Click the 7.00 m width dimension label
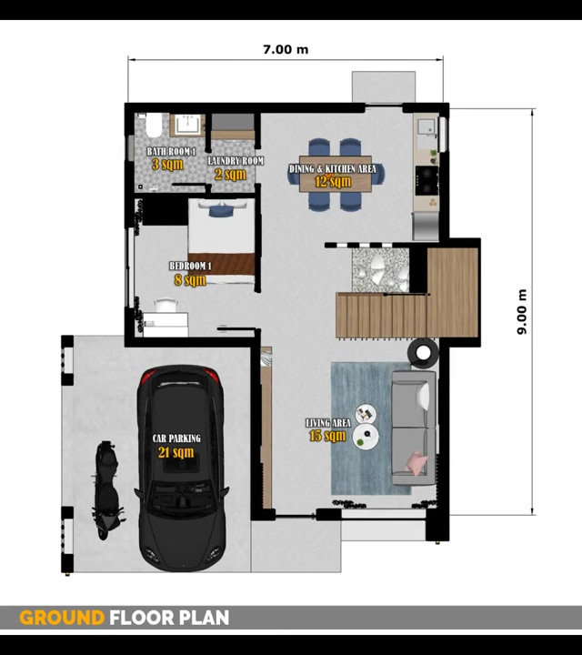point(286,49)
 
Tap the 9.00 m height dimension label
point(522,312)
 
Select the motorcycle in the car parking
point(108,489)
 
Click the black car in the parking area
point(181,468)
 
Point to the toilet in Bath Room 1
point(153,125)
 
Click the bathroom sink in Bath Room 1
point(187,125)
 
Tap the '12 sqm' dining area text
point(333,182)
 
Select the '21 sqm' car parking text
point(176,452)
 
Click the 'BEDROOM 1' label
point(190,266)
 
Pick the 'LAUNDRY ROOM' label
point(236,161)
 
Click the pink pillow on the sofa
point(416,463)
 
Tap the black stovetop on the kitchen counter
point(426,180)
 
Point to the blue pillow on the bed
point(221,210)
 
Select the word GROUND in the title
point(62,618)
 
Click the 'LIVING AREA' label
point(328,423)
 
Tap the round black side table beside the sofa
point(423,353)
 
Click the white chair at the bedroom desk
point(166,305)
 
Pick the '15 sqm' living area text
point(327,436)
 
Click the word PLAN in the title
point(205,618)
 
